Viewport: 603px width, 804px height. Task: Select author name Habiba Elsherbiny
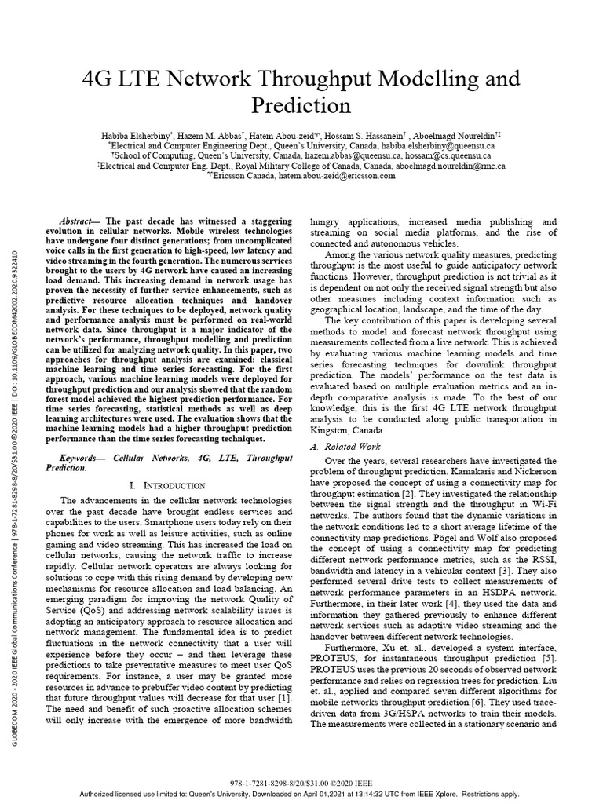point(141,135)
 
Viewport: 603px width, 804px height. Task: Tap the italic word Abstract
point(79,222)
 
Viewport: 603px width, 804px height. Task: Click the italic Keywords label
point(82,456)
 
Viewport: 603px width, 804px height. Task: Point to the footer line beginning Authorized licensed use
point(301,794)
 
